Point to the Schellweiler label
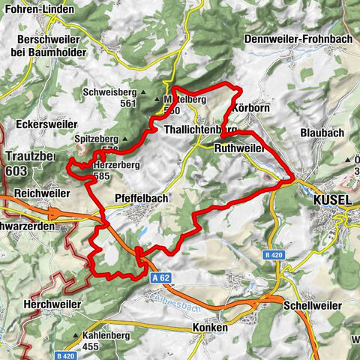[313, 306]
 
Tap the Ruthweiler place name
[241, 148]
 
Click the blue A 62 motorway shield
[157, 277]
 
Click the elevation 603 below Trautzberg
[15, 171]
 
